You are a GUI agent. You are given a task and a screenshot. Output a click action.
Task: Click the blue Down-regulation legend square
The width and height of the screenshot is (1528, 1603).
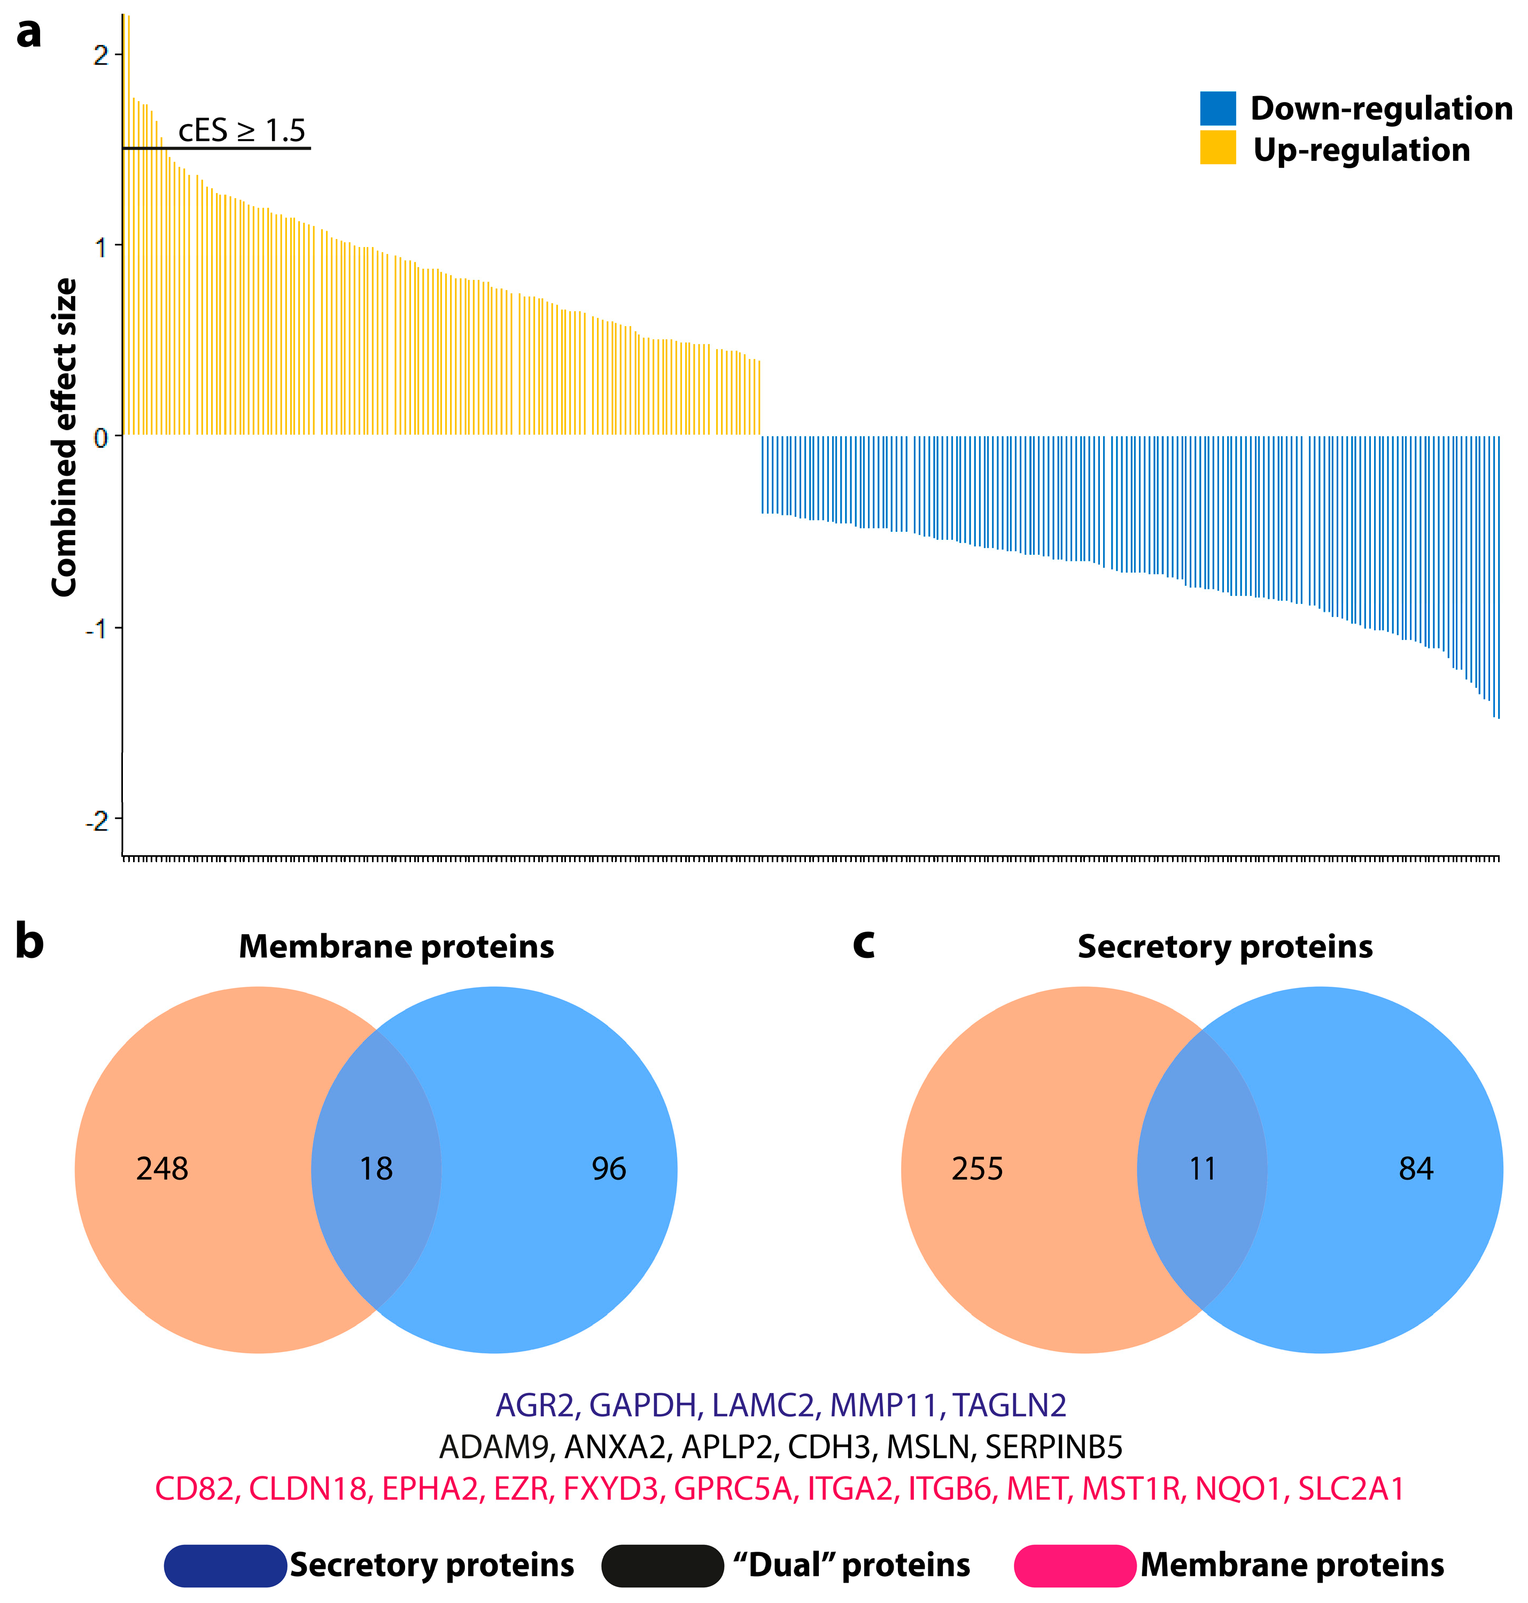point(1217,109)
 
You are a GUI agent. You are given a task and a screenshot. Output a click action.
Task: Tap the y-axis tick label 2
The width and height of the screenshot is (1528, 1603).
point(101,56)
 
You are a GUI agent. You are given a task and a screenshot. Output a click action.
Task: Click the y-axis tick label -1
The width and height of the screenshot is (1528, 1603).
point(97,629)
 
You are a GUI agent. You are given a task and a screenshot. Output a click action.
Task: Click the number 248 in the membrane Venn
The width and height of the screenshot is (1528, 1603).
point(162,1169)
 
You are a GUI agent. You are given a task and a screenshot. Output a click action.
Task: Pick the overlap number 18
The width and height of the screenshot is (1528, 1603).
point(376,1169)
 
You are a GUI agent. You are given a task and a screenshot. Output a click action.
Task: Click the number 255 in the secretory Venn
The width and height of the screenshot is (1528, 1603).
point(978,1169)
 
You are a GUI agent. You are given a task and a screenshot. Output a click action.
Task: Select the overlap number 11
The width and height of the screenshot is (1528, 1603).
point(1202,1169)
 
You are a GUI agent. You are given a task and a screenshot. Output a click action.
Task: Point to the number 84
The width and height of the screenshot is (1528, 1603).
point(1416,1169)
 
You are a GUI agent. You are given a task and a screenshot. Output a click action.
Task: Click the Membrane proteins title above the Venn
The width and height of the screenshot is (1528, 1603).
point(396,947)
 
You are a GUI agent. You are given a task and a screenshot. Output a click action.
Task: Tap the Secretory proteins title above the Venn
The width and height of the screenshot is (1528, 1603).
point(1225,947)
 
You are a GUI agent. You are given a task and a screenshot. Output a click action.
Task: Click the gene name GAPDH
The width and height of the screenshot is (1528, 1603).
point(642,1405)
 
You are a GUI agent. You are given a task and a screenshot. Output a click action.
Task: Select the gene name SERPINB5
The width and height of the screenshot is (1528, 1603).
point(1054,1446)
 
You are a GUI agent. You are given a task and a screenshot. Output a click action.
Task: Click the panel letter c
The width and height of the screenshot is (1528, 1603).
point(863,943)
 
